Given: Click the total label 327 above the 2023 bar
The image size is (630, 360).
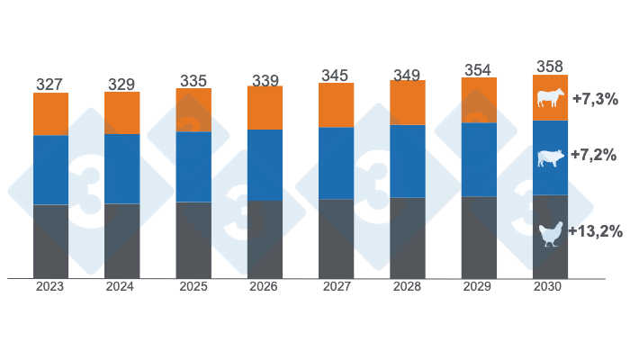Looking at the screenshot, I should pyautogui.click(x=50, y=85).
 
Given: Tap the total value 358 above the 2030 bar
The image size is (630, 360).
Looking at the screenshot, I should pyautogui.click(x=550, y=67).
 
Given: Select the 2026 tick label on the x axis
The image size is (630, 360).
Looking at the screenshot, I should pyautogui.click(x=265, y=287).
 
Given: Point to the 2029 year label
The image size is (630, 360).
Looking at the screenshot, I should pyautogui.click(x=479, y=287).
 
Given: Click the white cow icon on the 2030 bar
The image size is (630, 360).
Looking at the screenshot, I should pyautogui.click(x=550, y=98).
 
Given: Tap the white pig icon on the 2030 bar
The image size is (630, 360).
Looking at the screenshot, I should pyautogui.click(x=550, y=158).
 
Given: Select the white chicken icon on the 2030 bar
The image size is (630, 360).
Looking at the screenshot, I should pyautogui.click(x=550, y=235).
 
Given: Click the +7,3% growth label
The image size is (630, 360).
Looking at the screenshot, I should pyautogui.click(x=595, y=99).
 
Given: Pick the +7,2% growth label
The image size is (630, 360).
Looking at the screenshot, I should pyautogui.click(x=595, y=158).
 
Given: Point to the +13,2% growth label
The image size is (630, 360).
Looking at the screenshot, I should pyautogui.click(x=595, y=231).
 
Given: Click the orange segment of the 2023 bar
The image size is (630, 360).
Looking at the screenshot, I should pyautogui.click(x=50, y=114).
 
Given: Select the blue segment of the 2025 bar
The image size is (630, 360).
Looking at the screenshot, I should pyautogui.click(x=193, y=166).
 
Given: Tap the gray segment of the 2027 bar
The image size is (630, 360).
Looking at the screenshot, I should pyautogui.click(x=336, y=238).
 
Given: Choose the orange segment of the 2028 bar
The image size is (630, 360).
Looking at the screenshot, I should pyautogui.click(x=407, y=103).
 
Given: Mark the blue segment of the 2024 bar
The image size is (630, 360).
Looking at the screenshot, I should pyautogui.click(x=121, y=168).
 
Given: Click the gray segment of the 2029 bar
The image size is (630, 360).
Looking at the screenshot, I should pyautogui.click(x=479, y=237).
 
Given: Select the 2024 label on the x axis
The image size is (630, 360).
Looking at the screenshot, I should pyautogui.click(x=121, y=287).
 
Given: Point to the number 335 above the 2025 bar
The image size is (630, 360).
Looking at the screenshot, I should pyautogui.click(x=193, y=80).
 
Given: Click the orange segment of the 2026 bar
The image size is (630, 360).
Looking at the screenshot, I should pyautogui.click(x=265, y=108).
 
